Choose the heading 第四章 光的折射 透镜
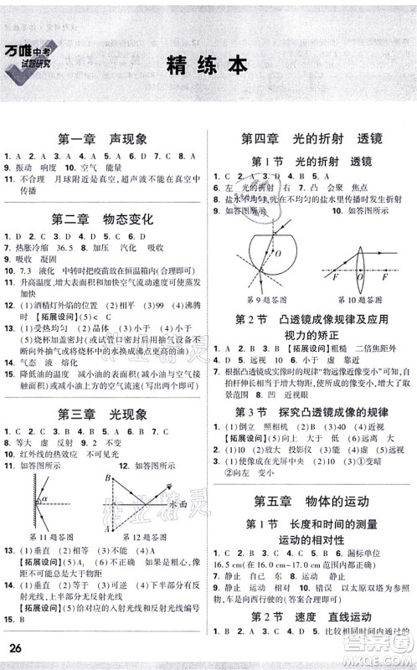311,138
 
